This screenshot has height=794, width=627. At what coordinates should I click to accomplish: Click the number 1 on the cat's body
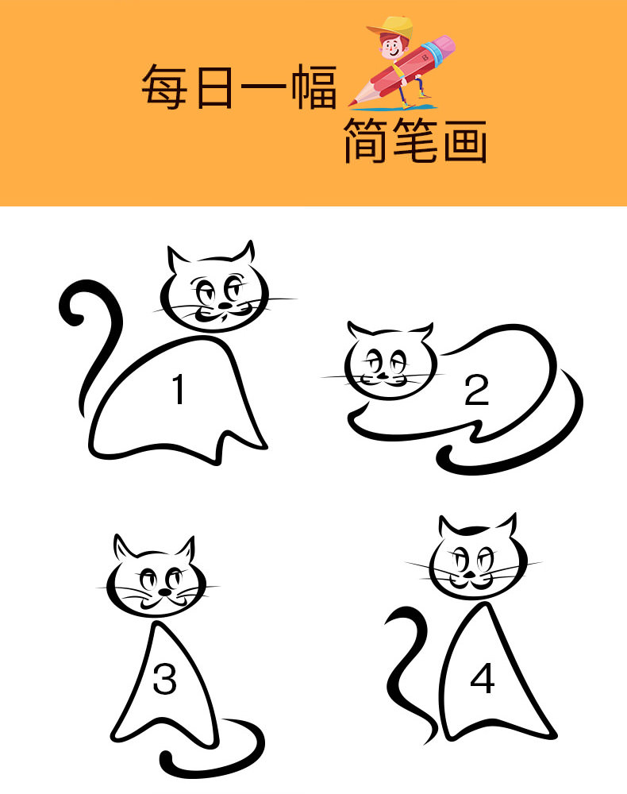(x=179, y=389)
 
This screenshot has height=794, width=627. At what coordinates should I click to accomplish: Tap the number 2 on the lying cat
(x=477, y=391)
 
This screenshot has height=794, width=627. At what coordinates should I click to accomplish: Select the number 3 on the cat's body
(x=165, y=679)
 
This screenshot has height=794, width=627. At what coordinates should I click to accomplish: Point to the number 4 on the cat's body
(x=483, y=679)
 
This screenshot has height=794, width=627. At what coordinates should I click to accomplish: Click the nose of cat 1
(x=223, y=306)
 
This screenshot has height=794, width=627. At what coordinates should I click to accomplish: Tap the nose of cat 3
(x=164, y=592)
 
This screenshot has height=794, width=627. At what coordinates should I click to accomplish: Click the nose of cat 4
(x=471, y=575)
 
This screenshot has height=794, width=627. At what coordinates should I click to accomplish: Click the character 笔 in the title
(x=416, y=141)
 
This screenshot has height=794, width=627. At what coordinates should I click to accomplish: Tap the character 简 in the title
(x=366, y=141)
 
